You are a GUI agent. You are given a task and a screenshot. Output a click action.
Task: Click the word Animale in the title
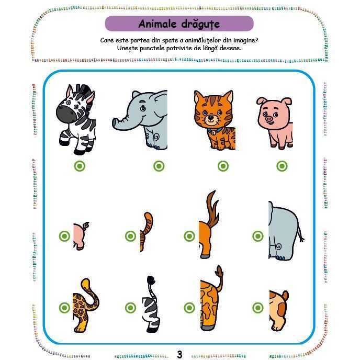pos(157,24)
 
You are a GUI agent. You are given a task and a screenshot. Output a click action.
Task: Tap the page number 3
pos(179,354)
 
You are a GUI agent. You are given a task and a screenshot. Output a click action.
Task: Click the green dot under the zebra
pos(80,166)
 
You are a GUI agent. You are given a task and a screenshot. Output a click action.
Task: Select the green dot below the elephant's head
pos(159,166)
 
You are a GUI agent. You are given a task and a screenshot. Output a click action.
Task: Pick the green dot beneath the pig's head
pos(282,166)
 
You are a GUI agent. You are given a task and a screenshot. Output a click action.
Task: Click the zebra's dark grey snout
pos(66,115)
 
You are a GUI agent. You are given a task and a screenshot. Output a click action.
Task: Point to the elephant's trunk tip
pos(115,123)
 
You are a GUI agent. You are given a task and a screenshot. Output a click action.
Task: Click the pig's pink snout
pos(269,119)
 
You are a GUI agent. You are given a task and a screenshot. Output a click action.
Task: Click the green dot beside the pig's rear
pos(64,236)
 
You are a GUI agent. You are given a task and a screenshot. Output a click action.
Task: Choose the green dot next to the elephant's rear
pos(258,236)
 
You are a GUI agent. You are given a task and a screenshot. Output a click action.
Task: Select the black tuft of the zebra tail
pos(151,280)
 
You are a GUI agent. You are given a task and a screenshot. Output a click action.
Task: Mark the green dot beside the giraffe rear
pos(189,308)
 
